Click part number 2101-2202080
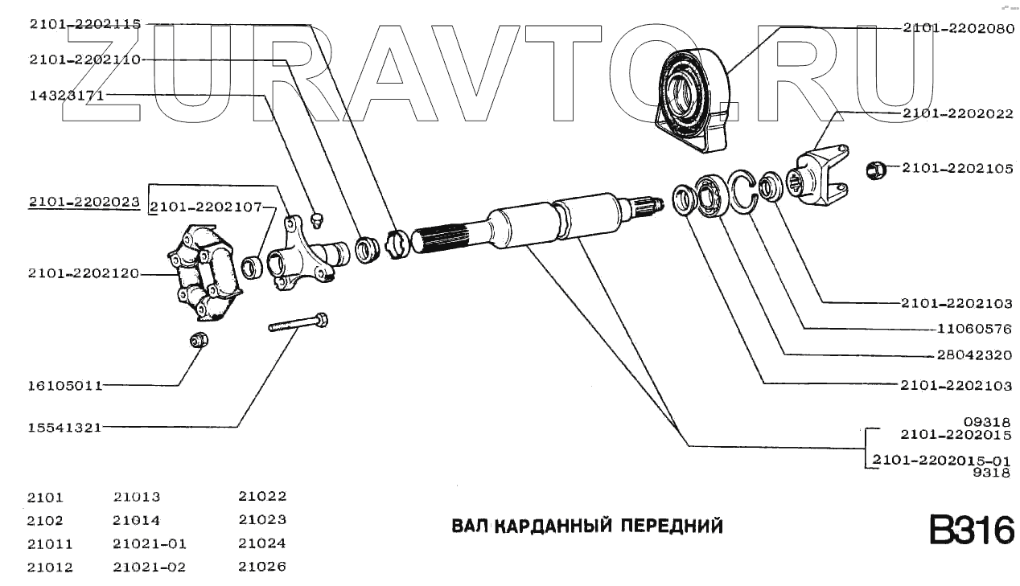tap(956, 27)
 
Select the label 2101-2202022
tap(956, 114)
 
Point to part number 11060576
tap(974, 329)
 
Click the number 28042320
tap(974, 354)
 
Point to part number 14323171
tap(68, 95)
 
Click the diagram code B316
tap(971, 531)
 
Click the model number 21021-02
tap(150, 567)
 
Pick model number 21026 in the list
tap(262, 566)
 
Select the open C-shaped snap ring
tap(743, 192)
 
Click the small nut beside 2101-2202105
tap(876, 170)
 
